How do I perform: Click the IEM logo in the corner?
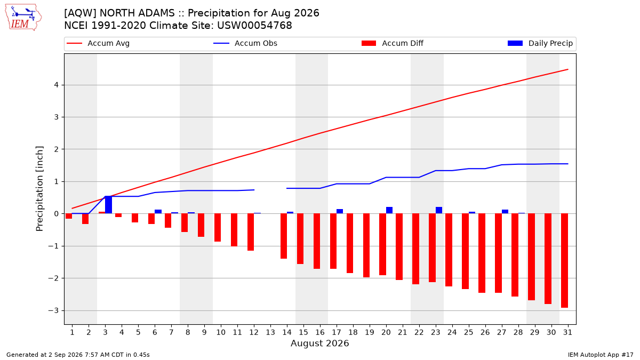coord(23,18)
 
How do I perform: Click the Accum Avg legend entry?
coord(98,43)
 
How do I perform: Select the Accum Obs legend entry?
coord(245,43)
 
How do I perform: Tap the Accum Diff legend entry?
coord(393,43)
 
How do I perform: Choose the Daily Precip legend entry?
coord(540,43)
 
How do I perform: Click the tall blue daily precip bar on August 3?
coord(109,205)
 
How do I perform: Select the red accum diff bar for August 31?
coord(564,261)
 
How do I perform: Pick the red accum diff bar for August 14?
coord(284,236)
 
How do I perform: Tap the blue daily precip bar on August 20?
coord(389,210)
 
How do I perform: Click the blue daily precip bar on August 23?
coord(439,210)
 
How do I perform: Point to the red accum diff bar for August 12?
coord(251,232)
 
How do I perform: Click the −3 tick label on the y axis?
coord(53,310)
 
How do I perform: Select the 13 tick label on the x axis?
coord(270,332)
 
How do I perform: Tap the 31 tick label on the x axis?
coord(567,332)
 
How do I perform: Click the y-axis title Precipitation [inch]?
coord(39,189)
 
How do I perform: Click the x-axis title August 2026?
coord(319,343)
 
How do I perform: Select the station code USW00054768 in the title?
coord(254,26)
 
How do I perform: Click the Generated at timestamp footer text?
coord(78,355)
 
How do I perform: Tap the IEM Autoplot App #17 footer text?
coord(601,355)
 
